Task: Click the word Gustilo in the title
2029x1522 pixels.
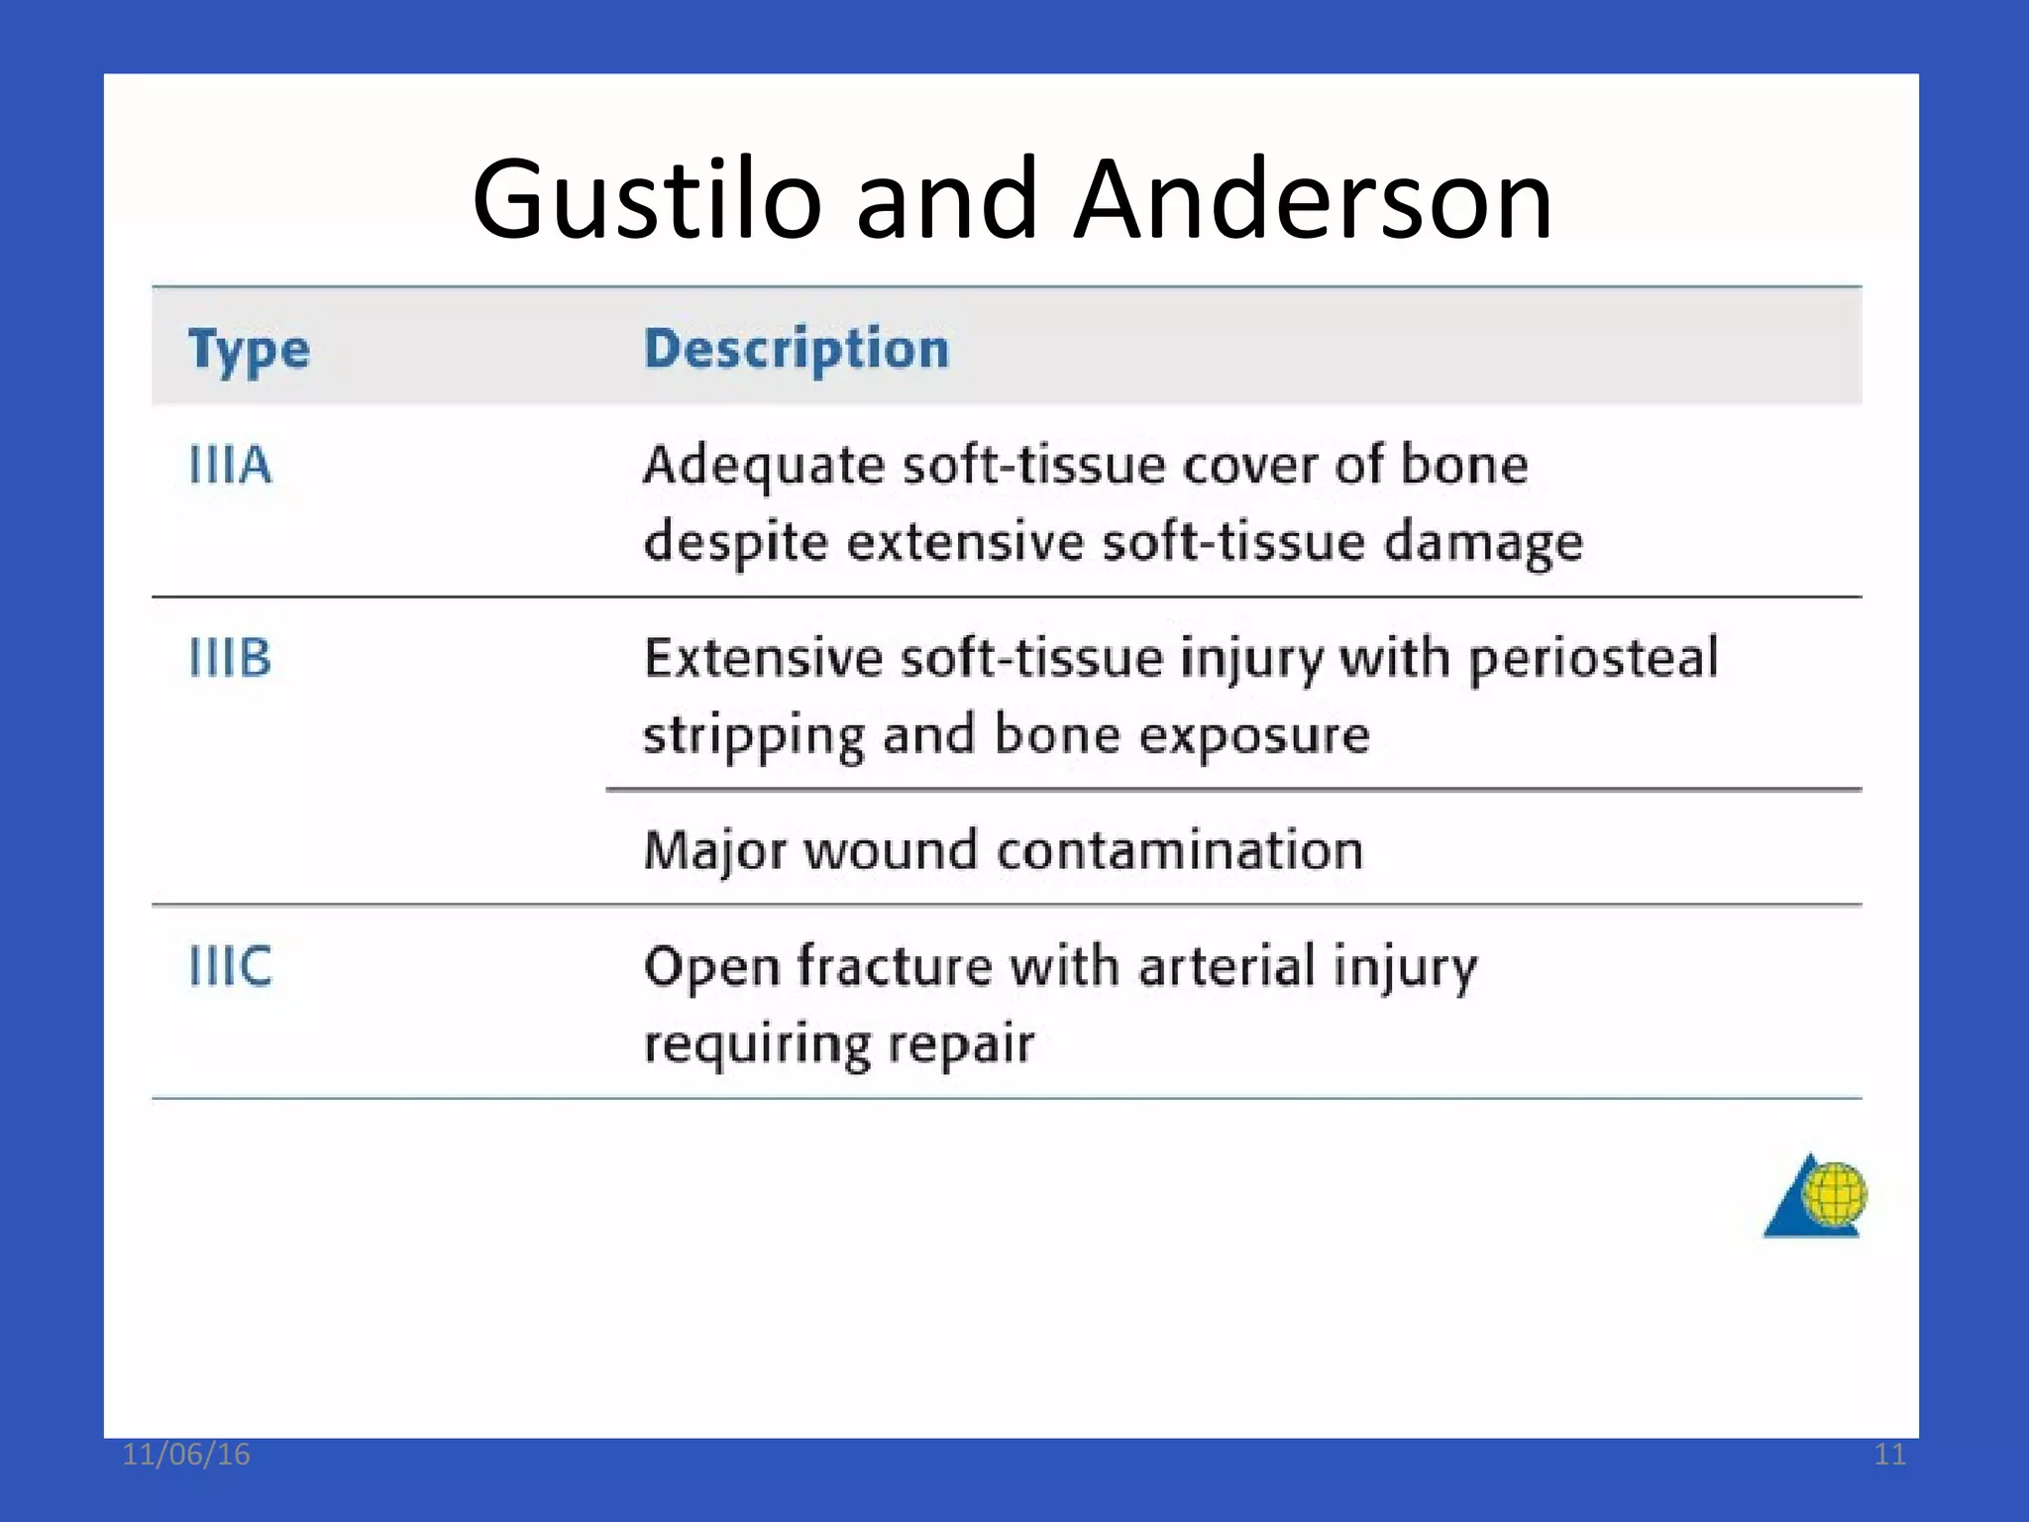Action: [x=646, y=200]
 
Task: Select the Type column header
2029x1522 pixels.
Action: [x=249, y=350]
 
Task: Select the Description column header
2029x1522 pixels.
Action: [x=797, y=349]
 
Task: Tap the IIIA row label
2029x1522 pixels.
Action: [x=230, y=465]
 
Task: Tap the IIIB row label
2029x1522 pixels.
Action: [x=230, y=658]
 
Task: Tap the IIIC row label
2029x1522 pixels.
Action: [x=230, y=966]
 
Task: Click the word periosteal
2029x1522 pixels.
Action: [x=1593, y=659]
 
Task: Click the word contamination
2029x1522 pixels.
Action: [x=1180, y=851]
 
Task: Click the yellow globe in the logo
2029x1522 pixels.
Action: [x=1834, y=1193]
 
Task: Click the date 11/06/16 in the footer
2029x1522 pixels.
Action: [x=186, y=1455]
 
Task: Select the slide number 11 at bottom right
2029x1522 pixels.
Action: [x=1889, y=1455]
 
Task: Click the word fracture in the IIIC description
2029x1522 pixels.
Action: [x=894, y=966]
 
